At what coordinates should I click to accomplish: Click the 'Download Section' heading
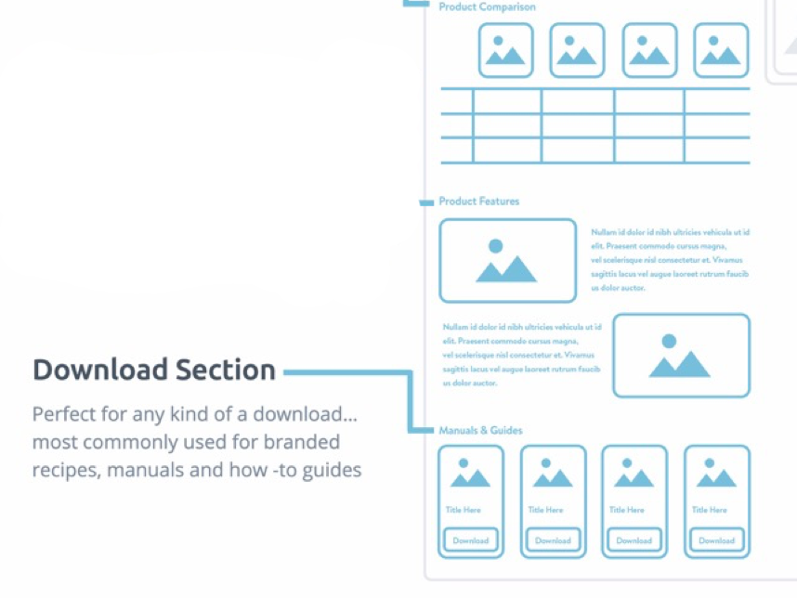(x=154, y=370)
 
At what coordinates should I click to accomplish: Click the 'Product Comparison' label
(x=487, y=7)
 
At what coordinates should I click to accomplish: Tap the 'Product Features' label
(x=479, y=201)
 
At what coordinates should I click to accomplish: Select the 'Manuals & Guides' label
(x=480, y=430)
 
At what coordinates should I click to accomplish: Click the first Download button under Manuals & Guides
(x=471, y=540)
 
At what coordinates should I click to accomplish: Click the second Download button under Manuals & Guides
(x=553, y=540)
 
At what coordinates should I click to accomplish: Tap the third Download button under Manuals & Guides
(x=634, y=540)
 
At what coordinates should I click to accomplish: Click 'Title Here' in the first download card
(x=464, y=510)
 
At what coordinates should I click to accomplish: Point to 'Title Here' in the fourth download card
(x=710, y=510)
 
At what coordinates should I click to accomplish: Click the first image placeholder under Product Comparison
(x=506, y=50)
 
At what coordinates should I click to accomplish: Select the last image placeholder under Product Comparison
(x=722, y=50)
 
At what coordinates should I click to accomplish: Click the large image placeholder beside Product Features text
(x=507, y=261)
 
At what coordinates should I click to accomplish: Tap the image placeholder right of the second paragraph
(x=681, y=356)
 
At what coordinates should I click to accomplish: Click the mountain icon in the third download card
(x=634, y=476)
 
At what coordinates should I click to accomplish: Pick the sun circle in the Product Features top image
(x=496, y=246)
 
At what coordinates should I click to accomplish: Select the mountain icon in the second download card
(x=553, y=476)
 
